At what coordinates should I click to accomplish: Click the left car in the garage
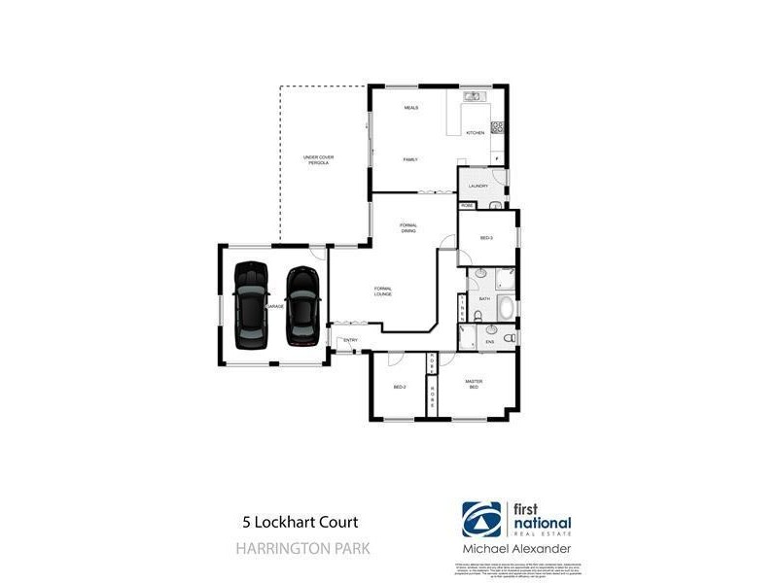point(251,305)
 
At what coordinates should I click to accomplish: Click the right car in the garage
point(302,305)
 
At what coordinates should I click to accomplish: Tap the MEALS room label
point(410,108)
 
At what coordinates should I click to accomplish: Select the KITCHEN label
point(475,132)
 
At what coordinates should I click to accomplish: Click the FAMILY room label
point(410,157)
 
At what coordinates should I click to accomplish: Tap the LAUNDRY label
point(477,186)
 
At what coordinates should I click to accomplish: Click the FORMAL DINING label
point(408,228)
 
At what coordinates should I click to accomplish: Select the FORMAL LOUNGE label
point(382,291)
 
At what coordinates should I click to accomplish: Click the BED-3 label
point(487,238)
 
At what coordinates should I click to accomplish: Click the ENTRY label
point(351,340)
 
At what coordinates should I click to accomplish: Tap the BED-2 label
point(399,388)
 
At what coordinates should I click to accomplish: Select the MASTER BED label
point(474,384)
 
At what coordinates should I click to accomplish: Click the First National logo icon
point(481,521)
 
